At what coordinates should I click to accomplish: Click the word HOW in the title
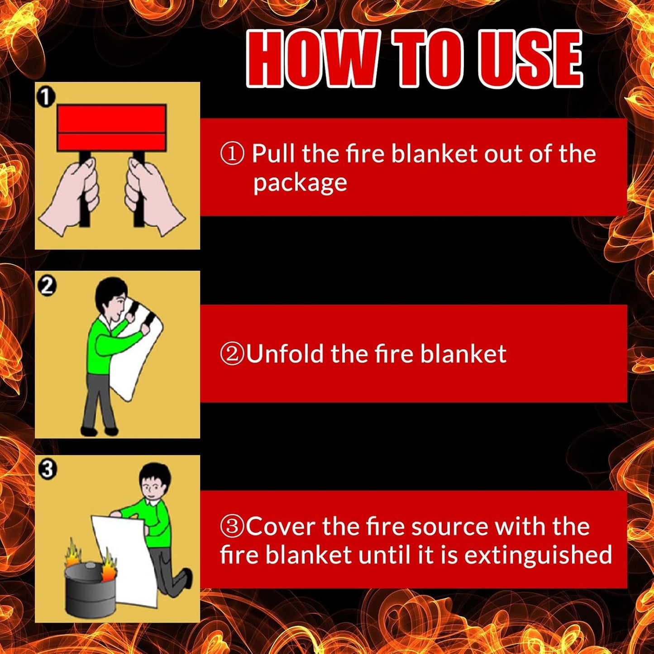(x=312, y=59)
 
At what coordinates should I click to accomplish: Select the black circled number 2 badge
(x=47, y=286)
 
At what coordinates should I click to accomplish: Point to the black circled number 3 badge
(x=47, y=469)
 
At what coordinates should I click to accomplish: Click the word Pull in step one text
(x=275, y=153)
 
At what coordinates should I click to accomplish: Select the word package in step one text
(x=300, y=183)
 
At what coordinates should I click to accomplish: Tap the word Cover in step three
(x=281, y=527)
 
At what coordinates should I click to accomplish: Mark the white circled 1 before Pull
(x=232, y=154)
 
